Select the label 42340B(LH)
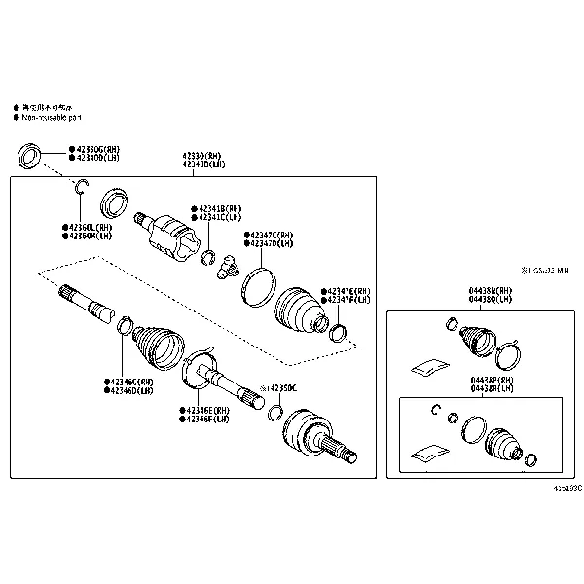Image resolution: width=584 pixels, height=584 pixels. point(201,164)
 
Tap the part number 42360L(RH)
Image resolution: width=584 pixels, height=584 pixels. point(89,227)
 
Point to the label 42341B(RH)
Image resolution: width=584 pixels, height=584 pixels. point(222,209)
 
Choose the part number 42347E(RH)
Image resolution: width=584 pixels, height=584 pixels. point(349,291)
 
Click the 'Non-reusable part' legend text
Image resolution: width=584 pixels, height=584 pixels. point(57,117)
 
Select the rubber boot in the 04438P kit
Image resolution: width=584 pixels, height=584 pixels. point(504,444)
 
